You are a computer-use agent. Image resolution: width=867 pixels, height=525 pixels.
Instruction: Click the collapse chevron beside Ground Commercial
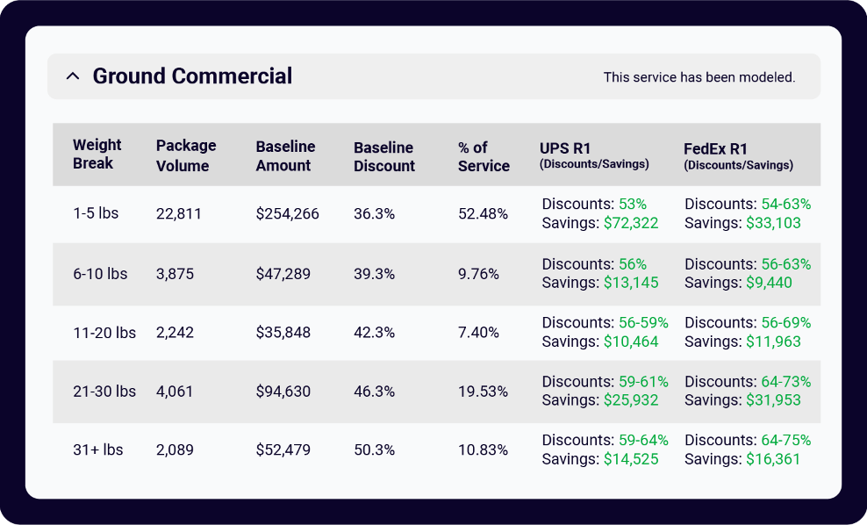[x=73, y=76]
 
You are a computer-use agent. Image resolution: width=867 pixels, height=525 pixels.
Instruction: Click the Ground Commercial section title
[x=192, y=76]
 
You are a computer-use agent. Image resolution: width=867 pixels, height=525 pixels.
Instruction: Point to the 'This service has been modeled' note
[x=699, y=77]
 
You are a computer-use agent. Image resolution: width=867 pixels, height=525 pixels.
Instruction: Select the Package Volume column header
[x=186, y=155]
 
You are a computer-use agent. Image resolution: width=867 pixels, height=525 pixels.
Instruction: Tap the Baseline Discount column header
[x=384, y=156]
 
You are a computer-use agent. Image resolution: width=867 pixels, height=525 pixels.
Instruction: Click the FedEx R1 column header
[x=738, y=155]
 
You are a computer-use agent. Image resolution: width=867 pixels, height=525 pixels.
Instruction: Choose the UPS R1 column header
[x=594, y=155]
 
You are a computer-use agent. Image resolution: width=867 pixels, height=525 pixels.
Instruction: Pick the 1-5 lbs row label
[x=96, y=213]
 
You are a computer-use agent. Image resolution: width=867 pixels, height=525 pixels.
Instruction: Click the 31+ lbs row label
[x=98, y=449]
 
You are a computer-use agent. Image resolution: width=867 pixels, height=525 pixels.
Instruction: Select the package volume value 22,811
[x=179, y=213]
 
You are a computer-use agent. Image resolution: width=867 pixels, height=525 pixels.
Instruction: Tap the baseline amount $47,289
[x=283, y=274]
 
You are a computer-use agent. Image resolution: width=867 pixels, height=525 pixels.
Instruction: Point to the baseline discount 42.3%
[x=374, y=333]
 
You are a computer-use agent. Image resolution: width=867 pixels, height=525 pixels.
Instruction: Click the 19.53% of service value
[x=483, y=392]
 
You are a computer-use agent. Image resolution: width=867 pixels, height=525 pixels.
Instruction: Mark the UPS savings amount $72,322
[x=631, y=223]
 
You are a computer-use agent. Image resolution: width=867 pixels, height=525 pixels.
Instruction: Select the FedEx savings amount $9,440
[x=770, y=283]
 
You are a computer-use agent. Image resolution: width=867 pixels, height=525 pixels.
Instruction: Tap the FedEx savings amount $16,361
[x=773, y=458]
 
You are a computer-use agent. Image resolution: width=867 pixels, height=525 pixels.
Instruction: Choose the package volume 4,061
[x=175, y=392]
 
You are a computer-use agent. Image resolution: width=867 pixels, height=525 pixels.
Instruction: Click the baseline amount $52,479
[x=283, y=449]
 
